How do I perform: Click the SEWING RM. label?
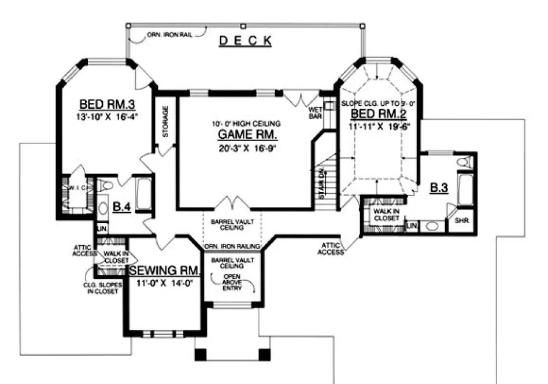click(164, 271)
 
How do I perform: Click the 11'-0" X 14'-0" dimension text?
click(164, 283)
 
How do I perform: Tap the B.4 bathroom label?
click(121, 206)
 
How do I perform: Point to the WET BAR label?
click(315, 112)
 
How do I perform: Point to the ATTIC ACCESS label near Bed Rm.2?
click(331, 249)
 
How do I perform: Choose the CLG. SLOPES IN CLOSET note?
click(99, 288)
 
